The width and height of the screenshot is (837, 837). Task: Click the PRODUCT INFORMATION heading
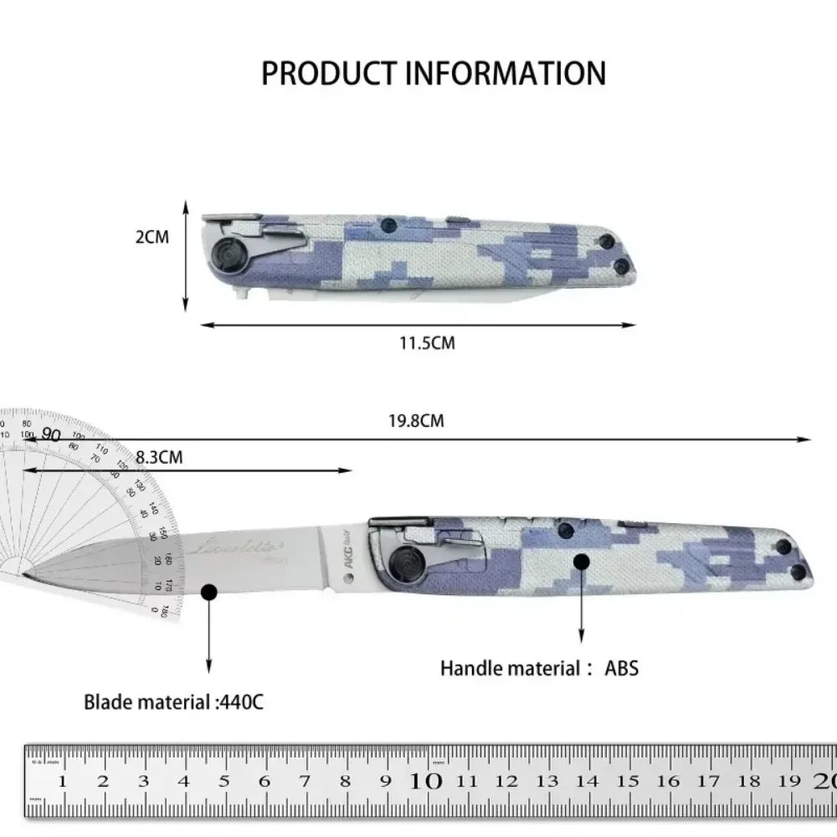[434, 73]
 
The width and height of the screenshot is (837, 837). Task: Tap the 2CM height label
[151, 236]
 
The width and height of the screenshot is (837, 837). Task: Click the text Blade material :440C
[173, 701]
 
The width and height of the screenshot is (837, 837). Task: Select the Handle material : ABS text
[540, 668]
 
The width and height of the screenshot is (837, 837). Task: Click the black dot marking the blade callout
[209, 593]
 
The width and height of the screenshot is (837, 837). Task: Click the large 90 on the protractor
[51, 434]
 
